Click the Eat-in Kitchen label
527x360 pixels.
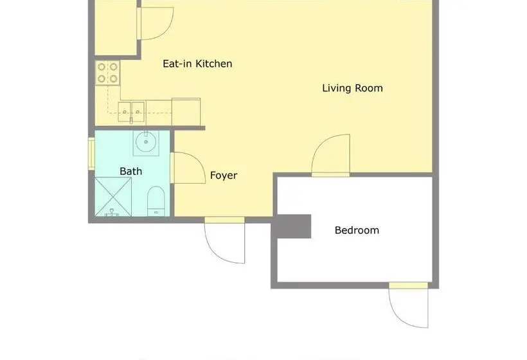pyautogui.click(x=197, y=64)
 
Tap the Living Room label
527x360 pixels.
pyautogui.click(x=352, y=88)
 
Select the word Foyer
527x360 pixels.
pyautogui.click(x=224, y=175)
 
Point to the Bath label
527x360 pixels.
pyautogui.click(x=130, y=172)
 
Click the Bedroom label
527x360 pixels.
pyautogui.click(x=357, y=230)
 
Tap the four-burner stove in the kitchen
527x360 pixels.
pyautogui.click(x=107, y=73)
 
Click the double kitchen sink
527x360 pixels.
pyautogui.click(x=131, y=112)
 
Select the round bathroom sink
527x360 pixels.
pyautogui.click(x=146, y=142)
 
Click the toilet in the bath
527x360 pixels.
pyautogui.click(x=156, y=201)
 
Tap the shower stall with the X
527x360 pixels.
pyautogui.click(x=113, y=197)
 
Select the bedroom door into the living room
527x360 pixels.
pyautogui.click(x=331, y=155)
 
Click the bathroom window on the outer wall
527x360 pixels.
pyautogui.click(x=91, y=154)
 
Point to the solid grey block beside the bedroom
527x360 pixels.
pyautogui.click(x=291, y=226)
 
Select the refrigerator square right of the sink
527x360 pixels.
pyautogui.click(x=186, y=112)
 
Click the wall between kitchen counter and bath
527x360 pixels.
pyautogui.click(x=150, y=128)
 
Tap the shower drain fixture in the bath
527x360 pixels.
pyautogui.click(x=112, y=213)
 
